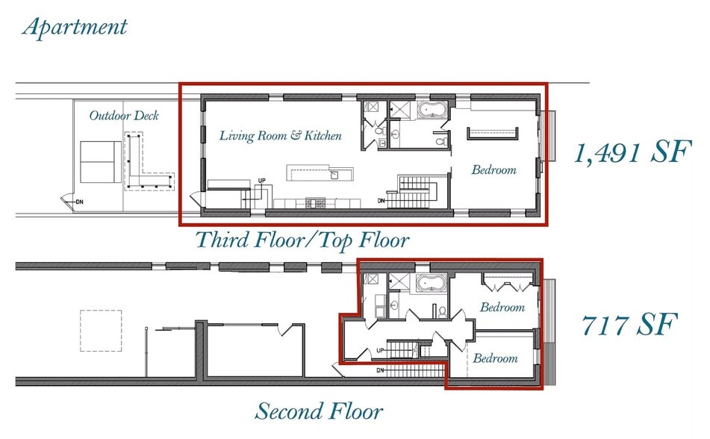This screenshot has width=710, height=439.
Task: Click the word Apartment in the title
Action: [75, 27]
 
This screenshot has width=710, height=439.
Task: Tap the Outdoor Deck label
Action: [124, 116]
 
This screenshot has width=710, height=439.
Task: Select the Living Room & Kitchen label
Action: [280, 135]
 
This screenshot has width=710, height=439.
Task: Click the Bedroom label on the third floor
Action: [494, 170]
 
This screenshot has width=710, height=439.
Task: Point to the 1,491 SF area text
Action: [632, 152]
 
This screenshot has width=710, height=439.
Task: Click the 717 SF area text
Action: [629, 324]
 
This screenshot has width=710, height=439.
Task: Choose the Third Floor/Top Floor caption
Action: [302, 240]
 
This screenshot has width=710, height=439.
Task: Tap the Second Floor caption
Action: [319, 411]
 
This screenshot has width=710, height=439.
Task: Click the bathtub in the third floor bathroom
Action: [432, 110]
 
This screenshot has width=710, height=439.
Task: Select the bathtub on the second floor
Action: [432, 283]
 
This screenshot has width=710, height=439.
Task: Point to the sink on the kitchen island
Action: [335, 175]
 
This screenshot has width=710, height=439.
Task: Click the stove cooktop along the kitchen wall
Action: [316, 203]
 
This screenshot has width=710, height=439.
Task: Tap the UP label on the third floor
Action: [262, 181]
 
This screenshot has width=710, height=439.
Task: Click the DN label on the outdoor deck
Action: [80, 202]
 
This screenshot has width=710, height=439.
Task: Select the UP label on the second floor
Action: [380, 350]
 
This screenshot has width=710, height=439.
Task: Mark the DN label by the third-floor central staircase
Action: [382, 201]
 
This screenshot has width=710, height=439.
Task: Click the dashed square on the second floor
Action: [101, 331]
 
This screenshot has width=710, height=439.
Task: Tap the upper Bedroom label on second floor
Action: [502, 307]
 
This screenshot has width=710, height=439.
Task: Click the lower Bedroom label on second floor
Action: [496, 358]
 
